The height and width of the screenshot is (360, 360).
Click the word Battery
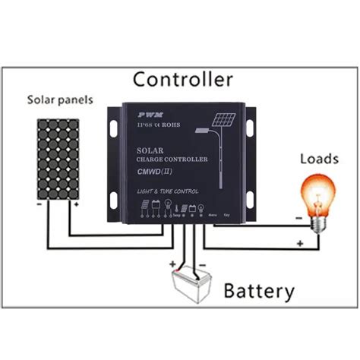pyautogui.click(x=258, y=290)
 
